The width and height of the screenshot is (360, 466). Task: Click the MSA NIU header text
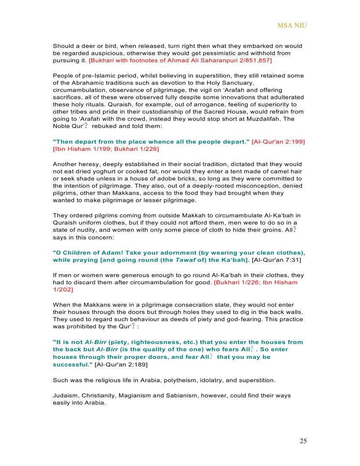click(292, 25)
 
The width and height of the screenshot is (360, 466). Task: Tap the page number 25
click(303, 441)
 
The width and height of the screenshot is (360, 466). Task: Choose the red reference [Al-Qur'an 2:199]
click(278, 141)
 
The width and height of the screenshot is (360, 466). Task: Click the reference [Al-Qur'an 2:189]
click(121, 364)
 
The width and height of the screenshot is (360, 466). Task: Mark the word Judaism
click(66, 395)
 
